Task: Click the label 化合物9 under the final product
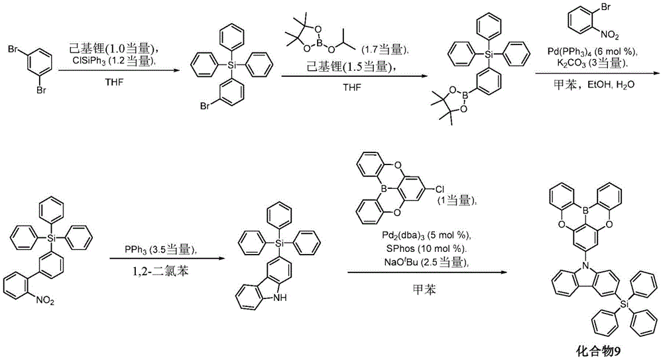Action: click(598, 351)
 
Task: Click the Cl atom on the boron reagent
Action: click(440, 190)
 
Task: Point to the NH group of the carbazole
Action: click(280, 298)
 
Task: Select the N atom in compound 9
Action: click(585, 265)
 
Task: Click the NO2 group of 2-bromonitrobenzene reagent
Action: click(610, 35)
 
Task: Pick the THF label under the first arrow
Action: click(114, 82)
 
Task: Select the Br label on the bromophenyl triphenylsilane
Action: click(205, 106)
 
